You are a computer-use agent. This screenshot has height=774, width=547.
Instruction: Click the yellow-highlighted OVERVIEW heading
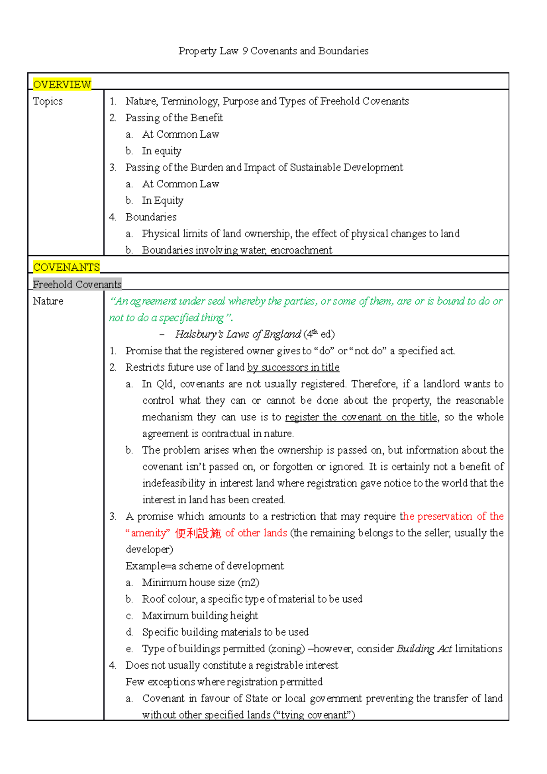pos(62,84)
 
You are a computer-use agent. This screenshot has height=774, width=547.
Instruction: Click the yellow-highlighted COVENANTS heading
pos(66,267)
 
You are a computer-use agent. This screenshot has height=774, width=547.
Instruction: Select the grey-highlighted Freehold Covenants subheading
pos(77,284)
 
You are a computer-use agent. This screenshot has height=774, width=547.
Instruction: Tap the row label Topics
pos(48,101)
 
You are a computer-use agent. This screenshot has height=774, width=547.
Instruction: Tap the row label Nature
pos(48,301)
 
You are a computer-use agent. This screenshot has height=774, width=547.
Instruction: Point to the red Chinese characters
pos(198,533)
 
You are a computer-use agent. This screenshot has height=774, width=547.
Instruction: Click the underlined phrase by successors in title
pos(293,367)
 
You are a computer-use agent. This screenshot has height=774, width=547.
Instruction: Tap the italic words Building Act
pos(424,649)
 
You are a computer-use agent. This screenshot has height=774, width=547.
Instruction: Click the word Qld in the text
pos(165,384)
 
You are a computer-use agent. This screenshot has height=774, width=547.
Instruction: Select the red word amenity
pos(148,533)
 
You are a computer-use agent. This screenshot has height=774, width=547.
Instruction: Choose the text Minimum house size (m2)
pos(201,583)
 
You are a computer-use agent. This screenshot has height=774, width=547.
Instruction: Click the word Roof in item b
pos(153,599)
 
